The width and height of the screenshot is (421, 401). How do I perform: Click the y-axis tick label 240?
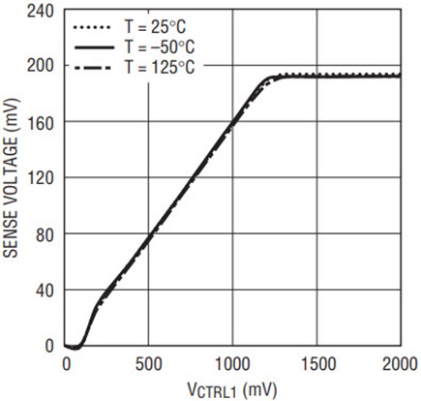click(x=41, y=12)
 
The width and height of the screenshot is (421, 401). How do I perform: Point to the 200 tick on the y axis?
click(x=41, y=66)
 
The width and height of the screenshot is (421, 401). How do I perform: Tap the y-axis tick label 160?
click(x=41, y=122)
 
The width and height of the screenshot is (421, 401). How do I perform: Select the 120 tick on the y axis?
click(x=41, y=178)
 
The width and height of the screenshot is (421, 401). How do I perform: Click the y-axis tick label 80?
click(x=45, y=235)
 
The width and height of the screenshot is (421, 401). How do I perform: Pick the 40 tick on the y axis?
click(x=45, y=291)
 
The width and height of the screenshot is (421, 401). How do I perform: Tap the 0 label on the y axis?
click(x=49, y=347)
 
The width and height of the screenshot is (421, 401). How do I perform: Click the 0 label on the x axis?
click(x=67, y=364)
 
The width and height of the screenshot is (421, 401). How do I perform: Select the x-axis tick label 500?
click(x=149, y=364)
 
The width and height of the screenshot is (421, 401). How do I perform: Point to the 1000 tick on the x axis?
click(x=232, y=364)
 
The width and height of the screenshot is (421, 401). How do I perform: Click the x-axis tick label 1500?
click(x=318, y=364)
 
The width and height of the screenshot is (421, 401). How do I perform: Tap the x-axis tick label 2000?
click(x=400, y=364)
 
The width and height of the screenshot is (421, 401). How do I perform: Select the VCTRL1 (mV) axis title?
click(x=232, y=389)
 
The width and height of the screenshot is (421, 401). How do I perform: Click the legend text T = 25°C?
click(x=156, y=26)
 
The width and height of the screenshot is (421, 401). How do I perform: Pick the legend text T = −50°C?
click(x=160, y=47)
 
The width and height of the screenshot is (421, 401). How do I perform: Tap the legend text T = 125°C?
click(x=160, y=68)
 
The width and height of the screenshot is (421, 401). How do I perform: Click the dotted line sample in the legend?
click(x=93, y=27)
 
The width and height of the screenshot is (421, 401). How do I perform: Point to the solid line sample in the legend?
click(x=94, y=47)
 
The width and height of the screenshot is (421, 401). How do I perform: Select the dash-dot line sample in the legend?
click(x=93, y=68)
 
